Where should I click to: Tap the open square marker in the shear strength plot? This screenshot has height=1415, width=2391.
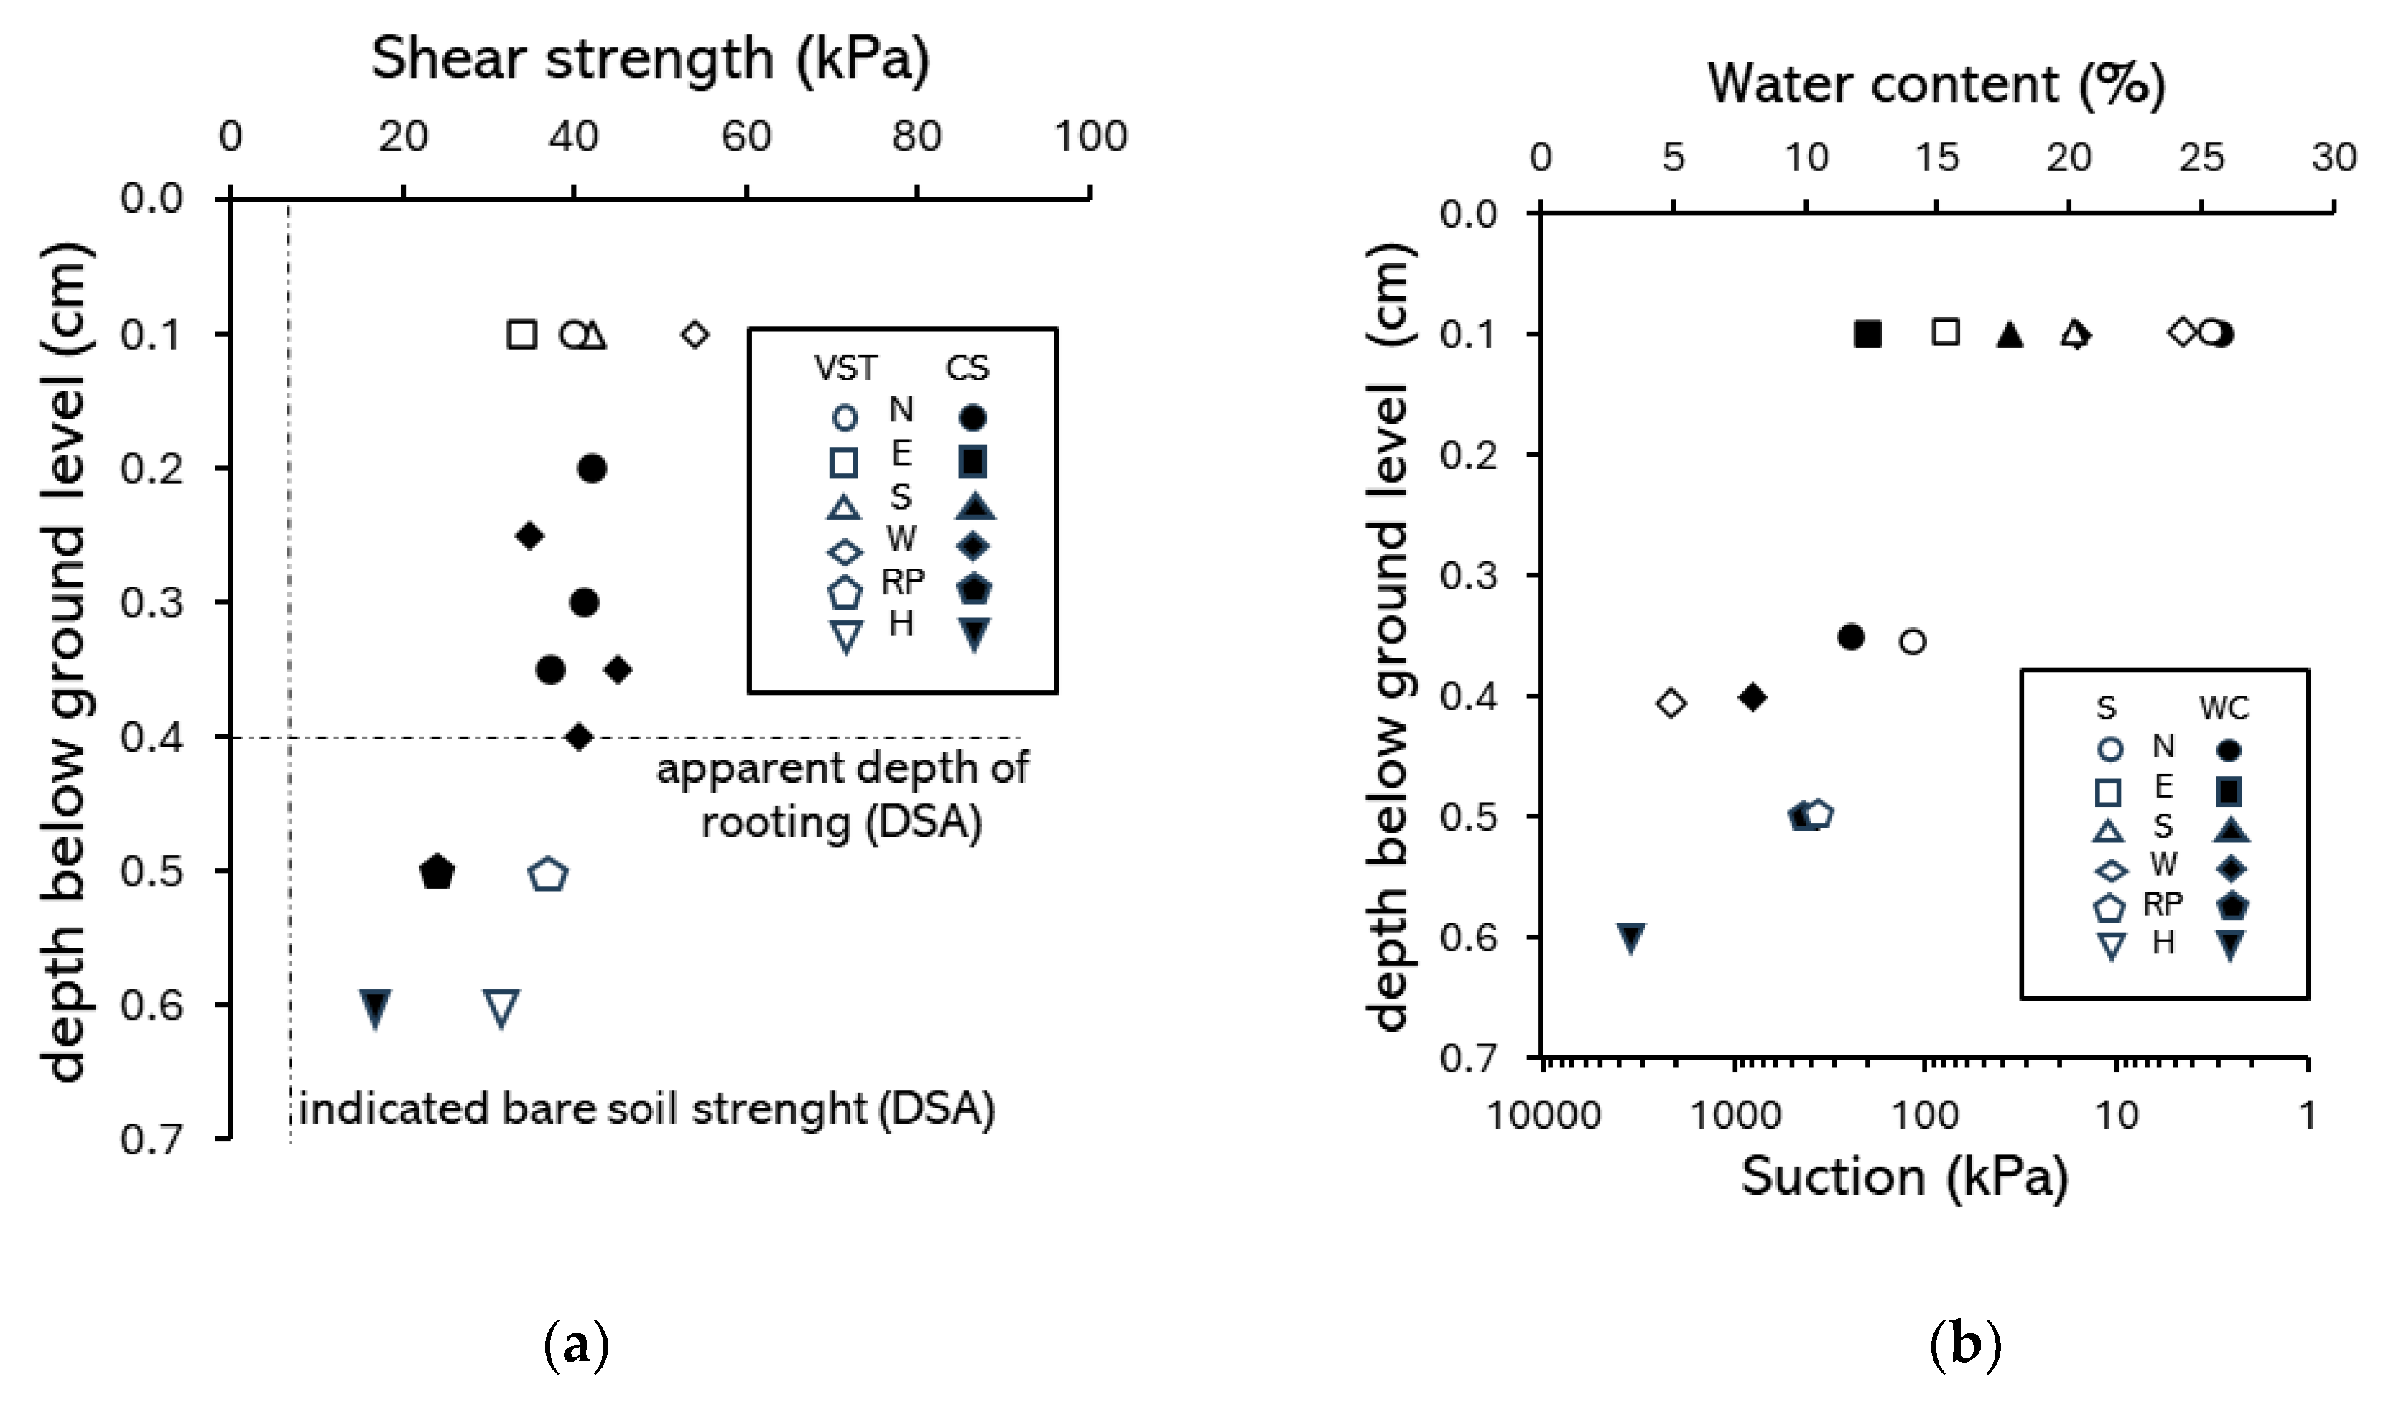point(521,335)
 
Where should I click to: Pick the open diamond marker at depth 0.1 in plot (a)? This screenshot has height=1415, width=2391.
point(695,335)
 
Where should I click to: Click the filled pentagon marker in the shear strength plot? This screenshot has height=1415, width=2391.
point(437,872)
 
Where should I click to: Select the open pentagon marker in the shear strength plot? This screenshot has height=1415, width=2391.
point(549,874)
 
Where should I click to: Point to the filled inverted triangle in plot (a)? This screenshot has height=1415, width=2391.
point(376,1008)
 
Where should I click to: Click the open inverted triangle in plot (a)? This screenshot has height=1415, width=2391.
point(501,1008)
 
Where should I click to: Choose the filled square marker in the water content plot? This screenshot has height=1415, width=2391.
point(1867,335)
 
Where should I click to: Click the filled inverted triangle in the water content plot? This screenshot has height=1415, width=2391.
point(1631,938)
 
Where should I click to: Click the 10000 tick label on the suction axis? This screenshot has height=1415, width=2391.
point(1543,1115)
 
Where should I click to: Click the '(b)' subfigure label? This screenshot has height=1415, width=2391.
point(1964,1345)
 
